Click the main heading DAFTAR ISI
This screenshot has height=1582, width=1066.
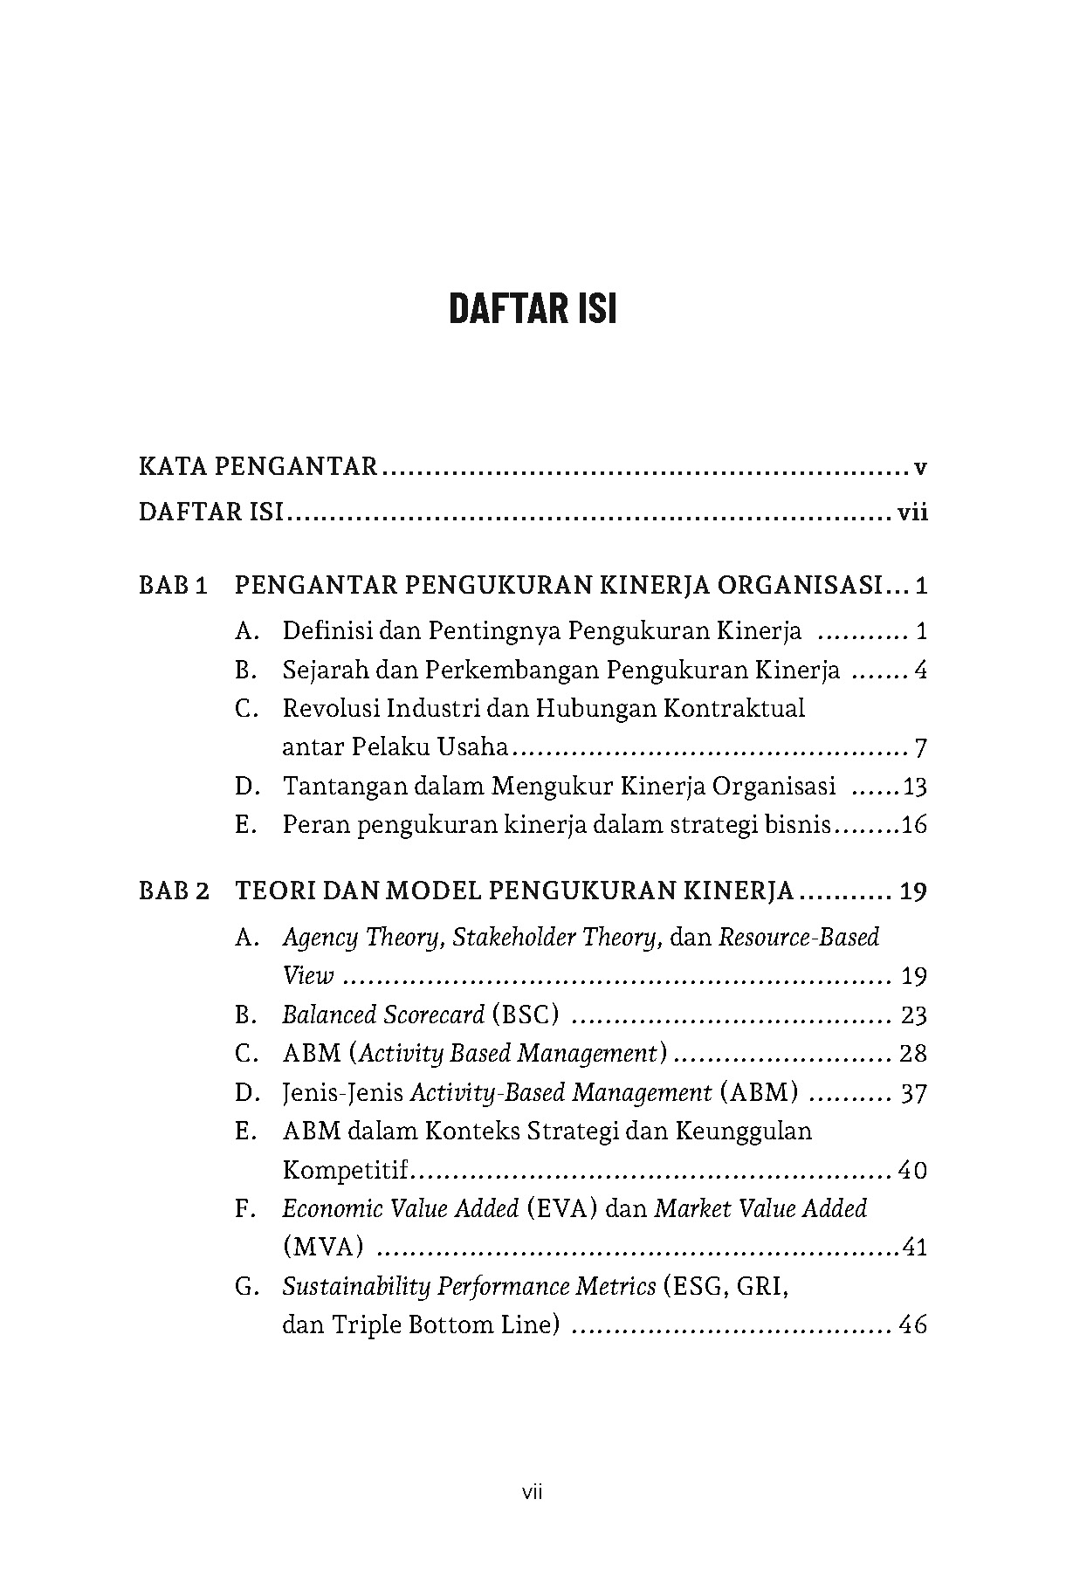coord(533,309)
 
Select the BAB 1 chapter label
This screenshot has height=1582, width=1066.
coord(173,585)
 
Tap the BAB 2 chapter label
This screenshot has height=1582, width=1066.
coord(174,891)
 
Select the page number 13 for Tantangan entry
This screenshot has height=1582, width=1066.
coord(914,787)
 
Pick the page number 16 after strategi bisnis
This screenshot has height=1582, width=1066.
coord(913,825)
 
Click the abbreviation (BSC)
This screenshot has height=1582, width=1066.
coord(525,1015)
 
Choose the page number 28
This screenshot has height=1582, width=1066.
coord(912,1053)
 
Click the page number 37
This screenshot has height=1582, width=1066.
coord(912,1092)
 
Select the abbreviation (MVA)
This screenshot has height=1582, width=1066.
coord(323,1247)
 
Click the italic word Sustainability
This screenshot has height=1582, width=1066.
coord(355,1286)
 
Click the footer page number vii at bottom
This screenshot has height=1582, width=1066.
coord(533,1493)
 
